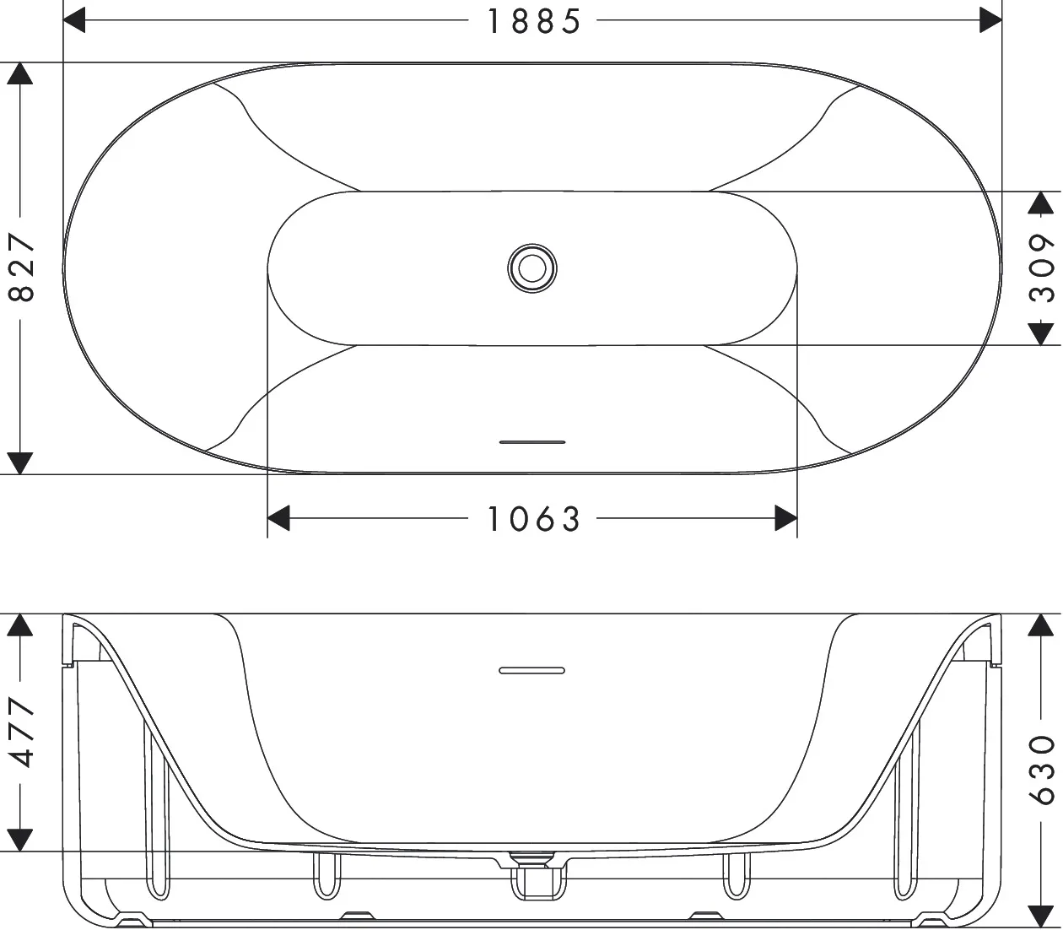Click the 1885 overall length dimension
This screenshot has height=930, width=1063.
534,21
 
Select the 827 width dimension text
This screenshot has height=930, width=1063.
21,268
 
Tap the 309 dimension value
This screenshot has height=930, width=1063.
1044,268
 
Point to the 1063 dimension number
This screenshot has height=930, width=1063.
534,519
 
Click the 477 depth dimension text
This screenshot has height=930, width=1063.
21,733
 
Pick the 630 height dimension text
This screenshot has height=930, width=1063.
1044,769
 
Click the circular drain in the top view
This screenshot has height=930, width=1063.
532,268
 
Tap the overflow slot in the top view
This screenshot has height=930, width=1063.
532,441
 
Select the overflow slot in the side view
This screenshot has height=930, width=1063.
532,670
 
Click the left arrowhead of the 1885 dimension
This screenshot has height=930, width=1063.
75,21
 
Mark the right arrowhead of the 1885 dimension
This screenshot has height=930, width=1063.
990,21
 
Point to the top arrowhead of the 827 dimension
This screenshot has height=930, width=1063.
20,73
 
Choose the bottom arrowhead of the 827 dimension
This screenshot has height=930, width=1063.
20,462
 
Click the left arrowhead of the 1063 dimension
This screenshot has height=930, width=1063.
279,519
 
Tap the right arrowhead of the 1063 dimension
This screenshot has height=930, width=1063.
785,519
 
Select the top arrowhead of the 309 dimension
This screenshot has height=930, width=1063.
1044,203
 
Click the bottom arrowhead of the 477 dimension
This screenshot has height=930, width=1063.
20,840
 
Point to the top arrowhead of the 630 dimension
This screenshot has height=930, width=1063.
1044,625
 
